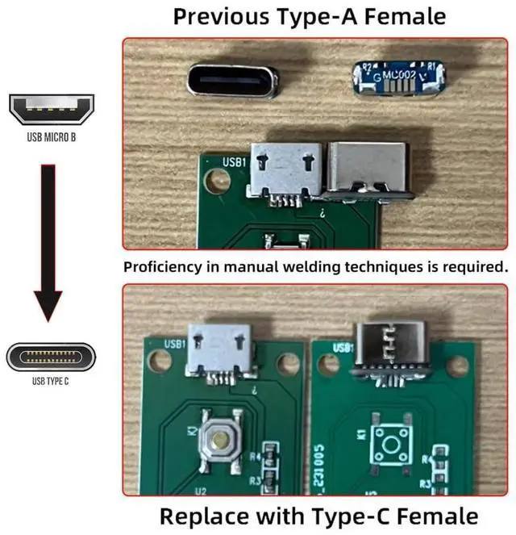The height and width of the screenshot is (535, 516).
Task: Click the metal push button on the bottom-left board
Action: click(x=218, y=437)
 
